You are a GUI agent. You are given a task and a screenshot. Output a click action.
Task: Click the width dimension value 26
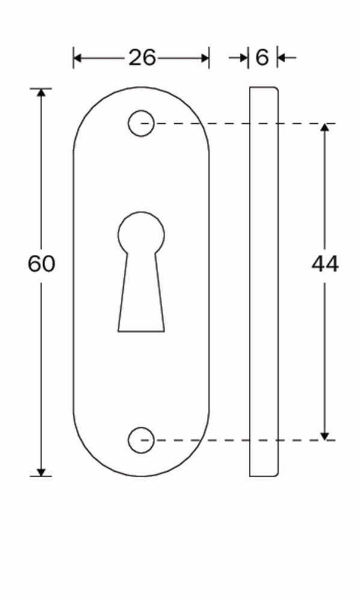click(x=142, y=58)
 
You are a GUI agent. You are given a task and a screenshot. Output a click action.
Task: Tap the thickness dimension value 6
click(x=262, y=58)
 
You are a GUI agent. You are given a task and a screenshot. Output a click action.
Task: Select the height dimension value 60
click(x=41, y=264)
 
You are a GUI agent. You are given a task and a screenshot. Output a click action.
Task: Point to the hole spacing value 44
click(x=325, y=264)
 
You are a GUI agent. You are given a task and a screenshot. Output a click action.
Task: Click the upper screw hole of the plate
click(x=141, y=124)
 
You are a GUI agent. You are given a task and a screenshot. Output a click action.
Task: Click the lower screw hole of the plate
click(x=141, y=440)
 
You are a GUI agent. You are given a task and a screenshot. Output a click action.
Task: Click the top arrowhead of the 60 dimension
click(x=41, y=93)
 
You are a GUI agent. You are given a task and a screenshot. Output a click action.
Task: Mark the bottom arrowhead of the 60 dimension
click(x=41, y=471)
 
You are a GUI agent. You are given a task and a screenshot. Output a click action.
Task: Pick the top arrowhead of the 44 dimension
click(x=325, y=128)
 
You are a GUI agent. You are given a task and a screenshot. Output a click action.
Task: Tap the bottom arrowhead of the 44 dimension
click(x=325, y=435)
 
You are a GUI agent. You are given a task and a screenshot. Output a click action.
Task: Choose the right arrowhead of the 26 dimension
click(x=204, y=58)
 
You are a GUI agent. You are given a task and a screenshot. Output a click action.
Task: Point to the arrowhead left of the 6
click(x=243, y=58)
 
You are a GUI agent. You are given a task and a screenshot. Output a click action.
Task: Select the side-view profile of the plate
click(x=264, y=282)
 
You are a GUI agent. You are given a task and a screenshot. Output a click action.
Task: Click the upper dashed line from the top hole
click(x=240, y=124)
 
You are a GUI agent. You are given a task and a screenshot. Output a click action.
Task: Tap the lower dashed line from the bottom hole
click(x=240, y=440)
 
